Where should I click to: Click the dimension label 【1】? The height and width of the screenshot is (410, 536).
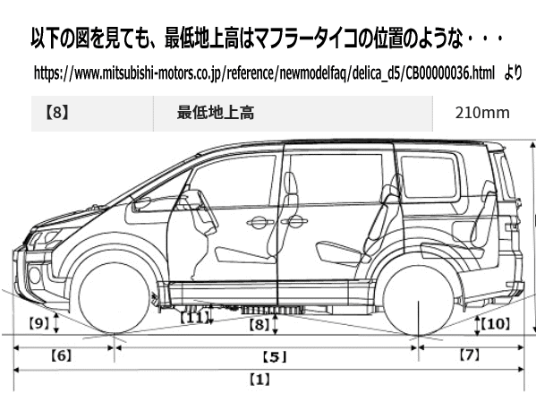tap(259, 380)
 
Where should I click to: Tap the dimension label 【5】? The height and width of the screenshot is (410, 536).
tap(275, 357)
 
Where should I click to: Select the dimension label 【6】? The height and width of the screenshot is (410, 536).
tap(62, 355)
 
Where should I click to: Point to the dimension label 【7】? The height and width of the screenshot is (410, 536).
tap(470, 355)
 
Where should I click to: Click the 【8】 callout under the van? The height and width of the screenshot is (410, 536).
tap(259, 324)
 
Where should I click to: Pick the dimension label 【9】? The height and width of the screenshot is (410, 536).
tap(39, 323)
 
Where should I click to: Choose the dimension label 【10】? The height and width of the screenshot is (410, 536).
tap(495, 323)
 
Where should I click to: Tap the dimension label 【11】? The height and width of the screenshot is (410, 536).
tap(194, 318)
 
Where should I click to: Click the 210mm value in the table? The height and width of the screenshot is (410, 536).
tap(482, 113)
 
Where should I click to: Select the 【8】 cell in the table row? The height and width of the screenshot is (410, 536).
tap(57, 112)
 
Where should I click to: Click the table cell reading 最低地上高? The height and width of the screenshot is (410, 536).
tap(216, 113)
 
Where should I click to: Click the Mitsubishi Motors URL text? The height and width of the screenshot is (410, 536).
tap(264, 73)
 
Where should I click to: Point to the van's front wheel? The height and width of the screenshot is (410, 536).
tap(114, 297)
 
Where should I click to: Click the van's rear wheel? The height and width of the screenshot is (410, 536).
tap(419, 301)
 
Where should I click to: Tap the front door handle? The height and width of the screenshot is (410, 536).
tap(260, 223)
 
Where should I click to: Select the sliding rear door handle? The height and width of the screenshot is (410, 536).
tap(294, 221)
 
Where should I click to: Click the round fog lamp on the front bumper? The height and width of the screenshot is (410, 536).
tap(35, 275)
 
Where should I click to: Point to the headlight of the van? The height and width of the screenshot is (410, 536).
tap(44, 238)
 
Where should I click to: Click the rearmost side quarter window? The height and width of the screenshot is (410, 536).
tap(429, 180)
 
